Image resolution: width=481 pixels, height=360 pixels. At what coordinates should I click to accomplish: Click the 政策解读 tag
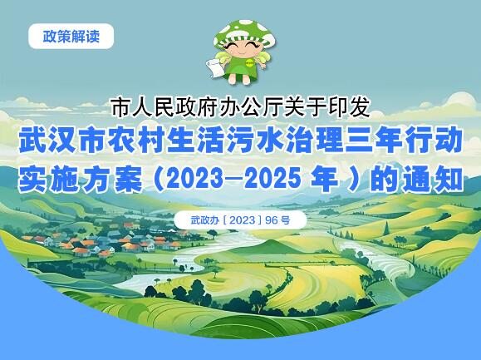71,37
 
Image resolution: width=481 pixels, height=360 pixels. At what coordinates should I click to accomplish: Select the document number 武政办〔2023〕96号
240,220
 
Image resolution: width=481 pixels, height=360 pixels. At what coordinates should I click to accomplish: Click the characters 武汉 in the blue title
47,142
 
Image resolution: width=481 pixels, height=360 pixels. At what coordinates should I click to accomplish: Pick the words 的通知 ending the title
416,179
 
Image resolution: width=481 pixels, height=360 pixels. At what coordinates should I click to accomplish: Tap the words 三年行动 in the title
404,142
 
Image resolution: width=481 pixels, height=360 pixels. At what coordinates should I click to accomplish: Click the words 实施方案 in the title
81,179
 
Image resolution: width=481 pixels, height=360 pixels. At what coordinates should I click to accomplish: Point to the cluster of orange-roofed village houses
105,243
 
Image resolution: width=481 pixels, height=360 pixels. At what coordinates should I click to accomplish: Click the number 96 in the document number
271,220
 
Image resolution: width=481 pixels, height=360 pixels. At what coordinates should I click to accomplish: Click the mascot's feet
242,79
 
